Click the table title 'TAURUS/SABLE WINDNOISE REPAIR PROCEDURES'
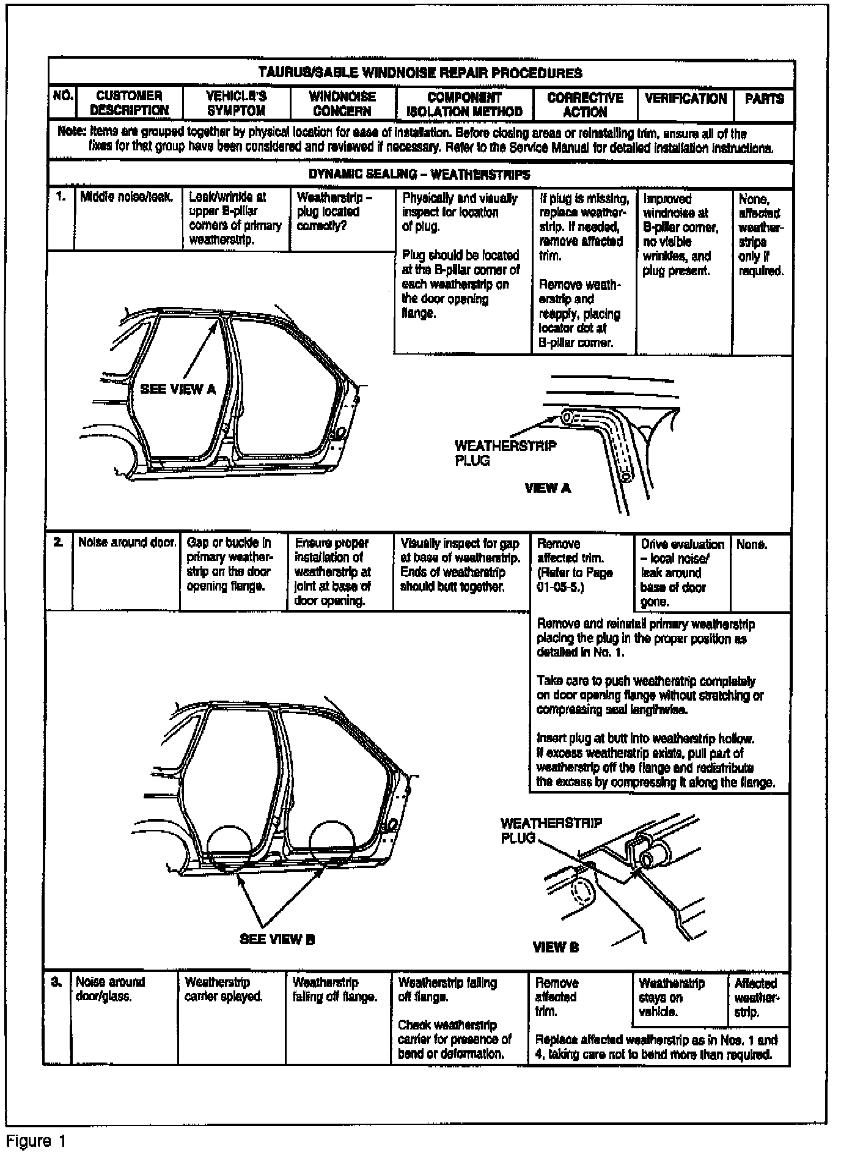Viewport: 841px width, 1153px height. (x=420, y=73)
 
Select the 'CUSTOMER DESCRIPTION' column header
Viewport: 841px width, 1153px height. (x=129, y=103)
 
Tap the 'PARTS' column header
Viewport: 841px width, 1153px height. (x=764, y=98)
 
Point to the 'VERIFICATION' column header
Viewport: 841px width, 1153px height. (x=685, y=98)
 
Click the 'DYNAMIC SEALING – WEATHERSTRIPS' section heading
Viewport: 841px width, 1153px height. (x=419, y=175)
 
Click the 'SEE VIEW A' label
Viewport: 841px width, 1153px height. (x=178, y=389)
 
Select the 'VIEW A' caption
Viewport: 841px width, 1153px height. (x=548, y=488)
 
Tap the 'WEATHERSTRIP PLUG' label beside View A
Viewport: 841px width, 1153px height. (x=505, y=453)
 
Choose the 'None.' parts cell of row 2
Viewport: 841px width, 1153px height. (x=752, y=543)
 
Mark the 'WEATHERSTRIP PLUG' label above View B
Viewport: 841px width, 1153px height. (x=551, y=830)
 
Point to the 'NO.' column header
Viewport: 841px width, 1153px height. (x=62, y=96)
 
